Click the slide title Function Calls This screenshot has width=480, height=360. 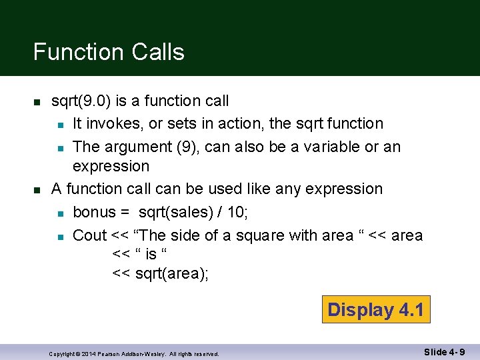point(109,52)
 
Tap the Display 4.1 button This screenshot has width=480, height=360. point(376,309)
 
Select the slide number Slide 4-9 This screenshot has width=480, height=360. point(445,351)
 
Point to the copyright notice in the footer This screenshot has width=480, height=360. point(134,353)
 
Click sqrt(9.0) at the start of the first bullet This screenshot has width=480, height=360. point(81,101)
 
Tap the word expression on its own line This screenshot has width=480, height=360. point(111,166)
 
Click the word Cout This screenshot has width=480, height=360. point(89,235)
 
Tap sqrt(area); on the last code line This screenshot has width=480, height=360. point(172,273)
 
